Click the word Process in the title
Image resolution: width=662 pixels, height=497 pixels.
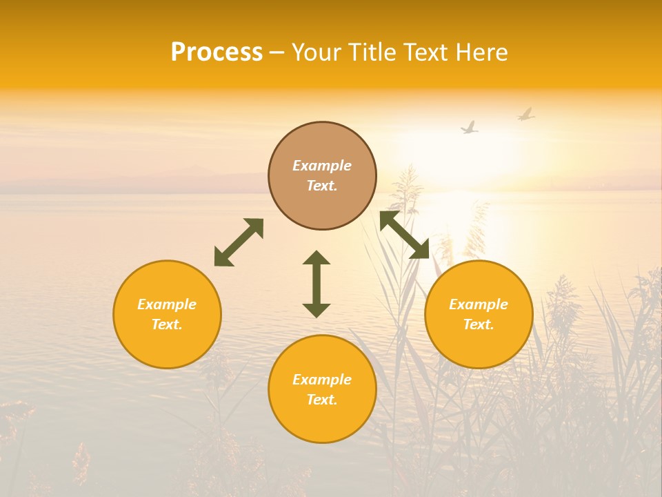pyautogui.click(x=217, y=52)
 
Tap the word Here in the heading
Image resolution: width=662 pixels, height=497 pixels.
pyautogui.click(x=481, y=52)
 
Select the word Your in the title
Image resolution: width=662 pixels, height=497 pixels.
pyautogui.click(x=317, y=52)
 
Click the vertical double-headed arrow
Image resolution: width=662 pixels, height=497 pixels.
pyautogui.click(x=317, y=284)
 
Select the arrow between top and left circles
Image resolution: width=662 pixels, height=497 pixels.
pyautogui.click(x=239, y=242)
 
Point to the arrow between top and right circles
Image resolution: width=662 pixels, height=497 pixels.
pyautogui.click(x=405, y=235)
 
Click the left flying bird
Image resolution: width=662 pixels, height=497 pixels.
pyautogui.click(x=470, y=128)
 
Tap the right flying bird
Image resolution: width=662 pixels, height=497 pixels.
pyautogui.click(x=526, y=114)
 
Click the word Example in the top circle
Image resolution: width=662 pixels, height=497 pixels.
pyautogui.click(x=322, y=166)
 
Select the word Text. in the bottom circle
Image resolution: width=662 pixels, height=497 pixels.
pyautogui.click(x=322, y=400)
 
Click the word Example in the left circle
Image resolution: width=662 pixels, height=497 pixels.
pyautogui.click(x=167, y=304)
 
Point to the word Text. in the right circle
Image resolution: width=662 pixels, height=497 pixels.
pyautogui.click(x=479, y=324)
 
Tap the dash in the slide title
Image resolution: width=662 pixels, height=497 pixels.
pyautogui.click(x=277, y=53)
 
